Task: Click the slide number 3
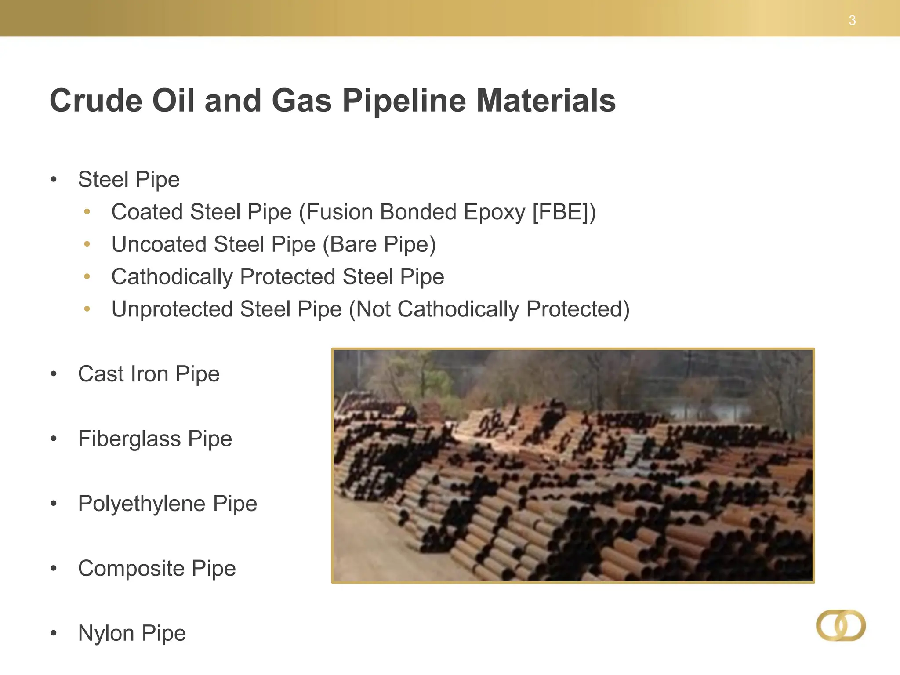(852, 21)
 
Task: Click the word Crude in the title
(96, 101)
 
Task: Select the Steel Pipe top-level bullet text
(129, 180)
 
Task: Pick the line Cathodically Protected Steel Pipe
(278, 277)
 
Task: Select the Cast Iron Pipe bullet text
(149, 374)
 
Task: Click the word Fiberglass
(129, 439)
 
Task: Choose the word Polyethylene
(142, 504)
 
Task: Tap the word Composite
(131, 568)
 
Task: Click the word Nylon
(106, 633)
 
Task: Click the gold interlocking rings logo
(841, 625)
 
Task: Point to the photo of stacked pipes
(573, 465)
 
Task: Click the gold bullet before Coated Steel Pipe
(87, 212)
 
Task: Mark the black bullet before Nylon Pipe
(54, 633)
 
